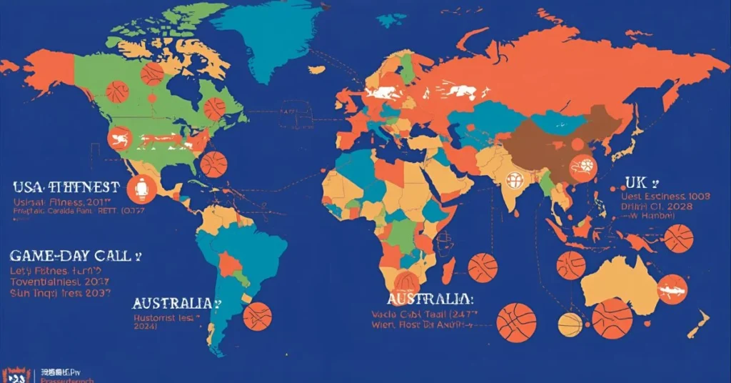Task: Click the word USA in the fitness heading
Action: pos(27,187)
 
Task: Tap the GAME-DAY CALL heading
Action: pos(71,256)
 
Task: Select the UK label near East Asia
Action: pos(635,181)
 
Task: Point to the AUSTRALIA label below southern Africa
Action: pos(428,298)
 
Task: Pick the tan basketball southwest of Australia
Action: pos(570,324)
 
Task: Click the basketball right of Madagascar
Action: pos(483,267)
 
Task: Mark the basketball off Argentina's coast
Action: pos(257,316)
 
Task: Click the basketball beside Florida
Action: pos(213,164)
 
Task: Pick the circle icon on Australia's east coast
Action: pos(672,289)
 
